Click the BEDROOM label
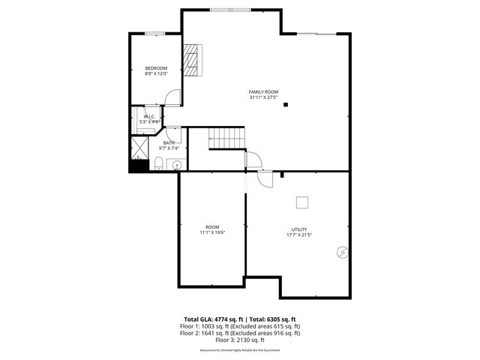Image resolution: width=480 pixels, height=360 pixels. pos(156,68)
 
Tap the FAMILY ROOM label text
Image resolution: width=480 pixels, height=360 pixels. pos(263,91)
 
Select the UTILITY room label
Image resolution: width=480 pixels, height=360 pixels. pos(299,229)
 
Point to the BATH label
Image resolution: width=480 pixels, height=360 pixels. pos(169,142)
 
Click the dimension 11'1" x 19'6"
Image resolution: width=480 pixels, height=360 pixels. pos(212,232)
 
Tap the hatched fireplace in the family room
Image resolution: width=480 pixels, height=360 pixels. pos(193,59)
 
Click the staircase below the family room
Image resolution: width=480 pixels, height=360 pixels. pos(226,138)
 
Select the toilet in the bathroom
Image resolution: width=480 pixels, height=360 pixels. pos(159,164)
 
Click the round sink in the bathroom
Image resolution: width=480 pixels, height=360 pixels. pos(178,166)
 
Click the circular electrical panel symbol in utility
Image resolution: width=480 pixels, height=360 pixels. pos(342,253)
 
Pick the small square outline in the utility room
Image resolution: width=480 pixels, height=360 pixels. pos(301,201)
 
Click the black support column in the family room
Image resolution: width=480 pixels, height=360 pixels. pos(285,105)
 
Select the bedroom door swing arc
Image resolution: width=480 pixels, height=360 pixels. pos(173,97)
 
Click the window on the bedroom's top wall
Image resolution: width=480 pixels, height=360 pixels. pos(155,33)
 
